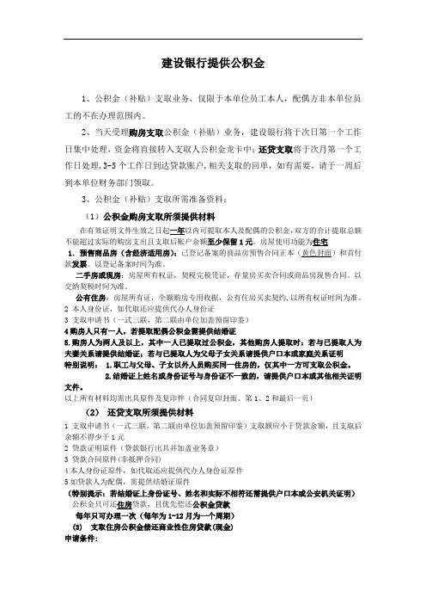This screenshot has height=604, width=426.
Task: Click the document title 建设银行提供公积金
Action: tap(212, 64)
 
